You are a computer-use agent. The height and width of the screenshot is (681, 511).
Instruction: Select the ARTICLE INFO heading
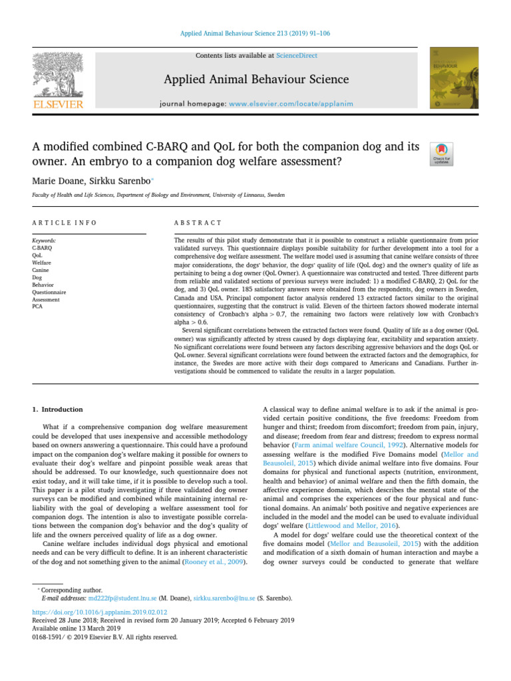click(63, 222)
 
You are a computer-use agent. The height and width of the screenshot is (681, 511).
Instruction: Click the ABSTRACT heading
click(198, 222)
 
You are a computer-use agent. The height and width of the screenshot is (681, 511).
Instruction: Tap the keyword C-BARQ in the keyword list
click(42, 246)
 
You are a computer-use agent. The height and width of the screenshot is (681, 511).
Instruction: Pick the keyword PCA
click(37, 307)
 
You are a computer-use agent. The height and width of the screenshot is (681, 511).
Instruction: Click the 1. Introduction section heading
click(58, 410)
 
